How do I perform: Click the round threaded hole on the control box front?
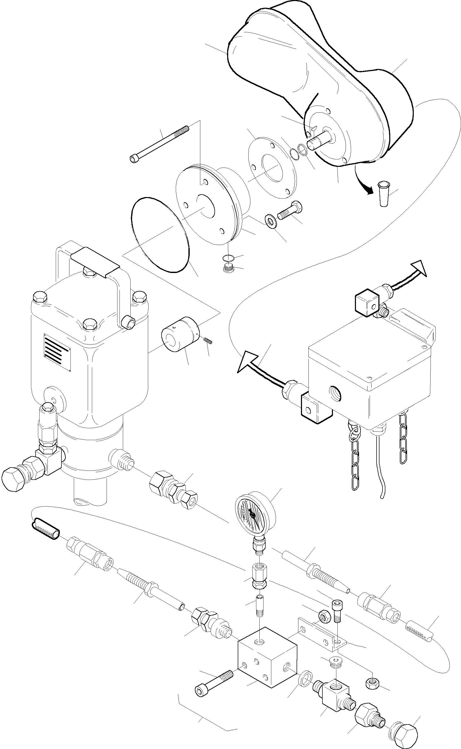(335, 394)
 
